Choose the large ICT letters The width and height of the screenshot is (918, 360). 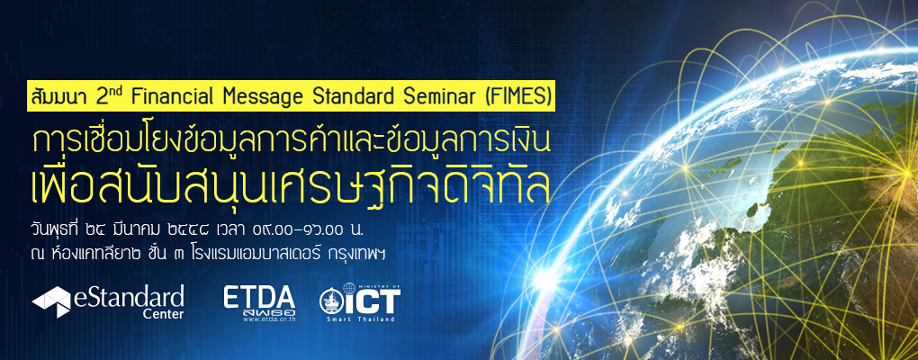tap(373, 300)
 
